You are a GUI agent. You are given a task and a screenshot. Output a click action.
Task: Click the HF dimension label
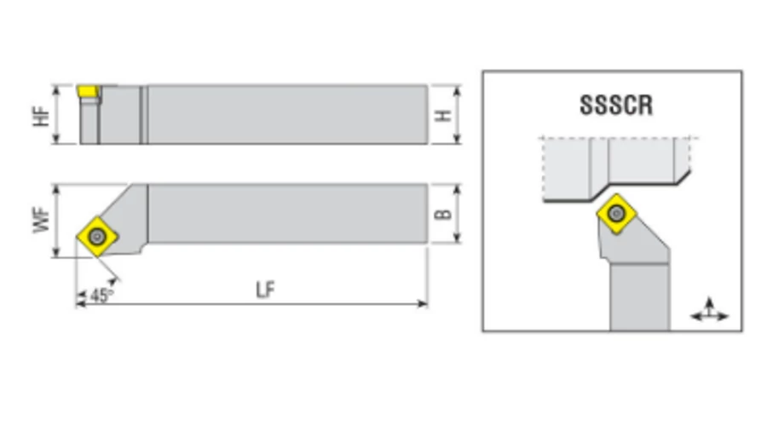coord(42,117)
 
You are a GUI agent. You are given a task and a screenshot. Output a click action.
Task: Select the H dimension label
coord(443,116)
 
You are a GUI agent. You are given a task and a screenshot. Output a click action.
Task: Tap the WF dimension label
coord(42,220)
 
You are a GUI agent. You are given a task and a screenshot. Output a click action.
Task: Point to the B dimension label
coord(443,214)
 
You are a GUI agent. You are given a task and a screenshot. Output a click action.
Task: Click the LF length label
coord(266,290)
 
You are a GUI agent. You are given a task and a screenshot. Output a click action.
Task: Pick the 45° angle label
coord(101,296)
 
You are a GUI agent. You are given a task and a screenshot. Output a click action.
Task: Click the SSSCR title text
coord(616,105)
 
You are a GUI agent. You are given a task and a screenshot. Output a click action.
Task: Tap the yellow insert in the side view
coord(88,91)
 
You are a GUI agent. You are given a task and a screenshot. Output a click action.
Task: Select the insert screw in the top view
coord(97,237)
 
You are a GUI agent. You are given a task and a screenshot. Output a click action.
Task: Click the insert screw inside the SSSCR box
coord(616,213)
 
